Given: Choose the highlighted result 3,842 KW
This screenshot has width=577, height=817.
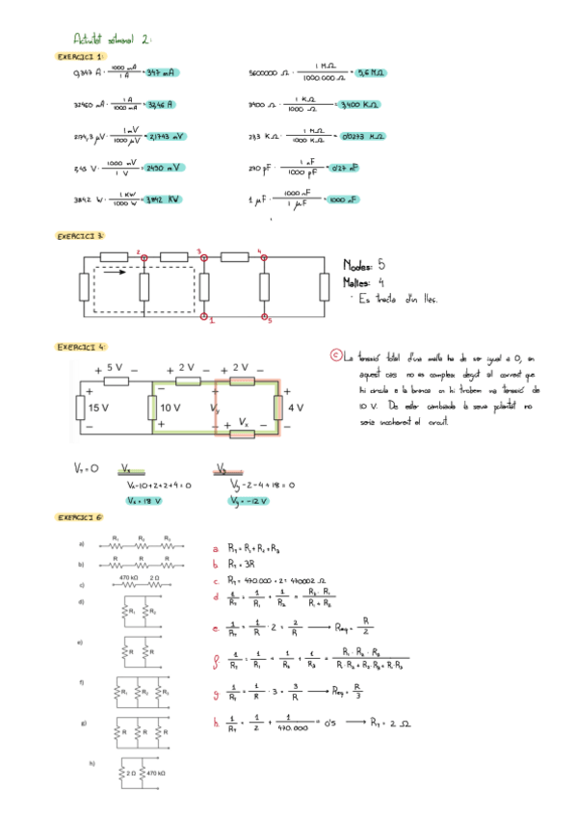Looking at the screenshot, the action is pos(160,199).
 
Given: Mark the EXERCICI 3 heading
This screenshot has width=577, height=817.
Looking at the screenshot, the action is pos(80,235).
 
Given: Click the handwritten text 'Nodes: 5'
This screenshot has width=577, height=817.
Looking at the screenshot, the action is pos(364,264).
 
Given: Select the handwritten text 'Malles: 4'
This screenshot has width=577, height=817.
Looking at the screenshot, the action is pos(362,282).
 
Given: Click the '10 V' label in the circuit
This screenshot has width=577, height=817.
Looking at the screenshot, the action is pos(170,408).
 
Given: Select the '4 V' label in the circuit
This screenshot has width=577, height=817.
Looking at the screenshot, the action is pos(295,408).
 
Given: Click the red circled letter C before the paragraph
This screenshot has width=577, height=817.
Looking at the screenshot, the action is pos(335,356).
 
